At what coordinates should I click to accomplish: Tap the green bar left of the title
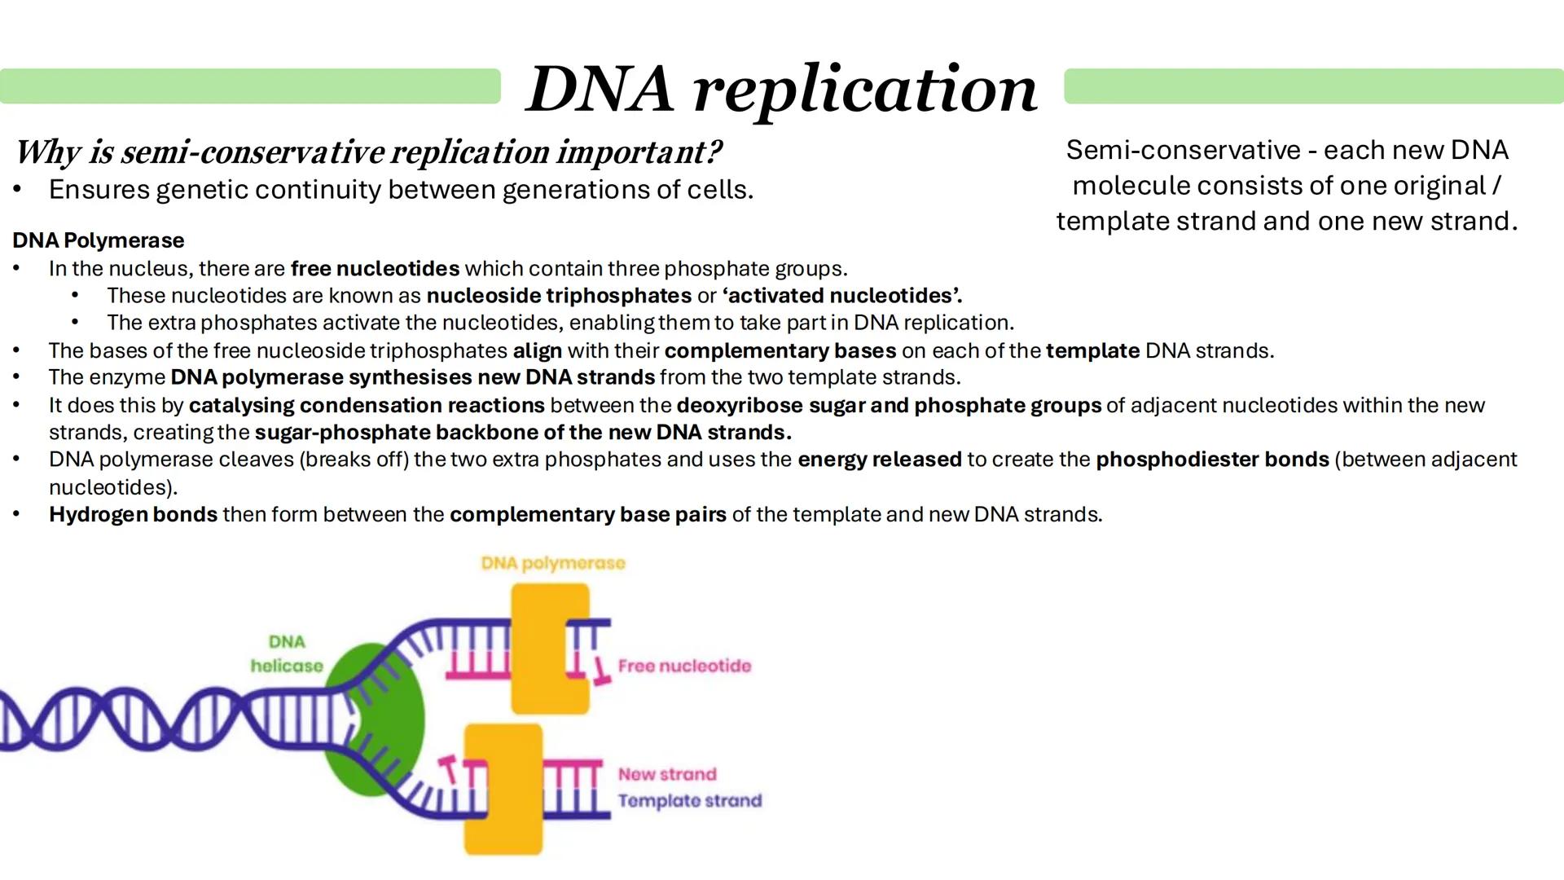250,86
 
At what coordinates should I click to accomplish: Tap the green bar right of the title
1313,86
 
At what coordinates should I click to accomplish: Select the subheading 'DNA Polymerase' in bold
99,240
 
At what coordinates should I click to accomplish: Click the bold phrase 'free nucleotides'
375,269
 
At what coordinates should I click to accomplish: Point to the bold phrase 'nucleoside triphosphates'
559,296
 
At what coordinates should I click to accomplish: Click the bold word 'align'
537,351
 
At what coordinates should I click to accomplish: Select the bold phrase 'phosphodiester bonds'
1212,460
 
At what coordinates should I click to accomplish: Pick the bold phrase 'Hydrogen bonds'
133,515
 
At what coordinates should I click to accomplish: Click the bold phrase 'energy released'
879,460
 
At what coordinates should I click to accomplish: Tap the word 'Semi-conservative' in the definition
1183,151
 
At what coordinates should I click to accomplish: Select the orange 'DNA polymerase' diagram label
553,563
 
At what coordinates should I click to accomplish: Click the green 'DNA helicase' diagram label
287,653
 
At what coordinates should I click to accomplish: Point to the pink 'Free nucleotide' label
684,667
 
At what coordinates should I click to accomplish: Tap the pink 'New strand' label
667,774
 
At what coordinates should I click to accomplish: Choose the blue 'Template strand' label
689,801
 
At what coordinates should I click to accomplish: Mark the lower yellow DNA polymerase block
503,789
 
